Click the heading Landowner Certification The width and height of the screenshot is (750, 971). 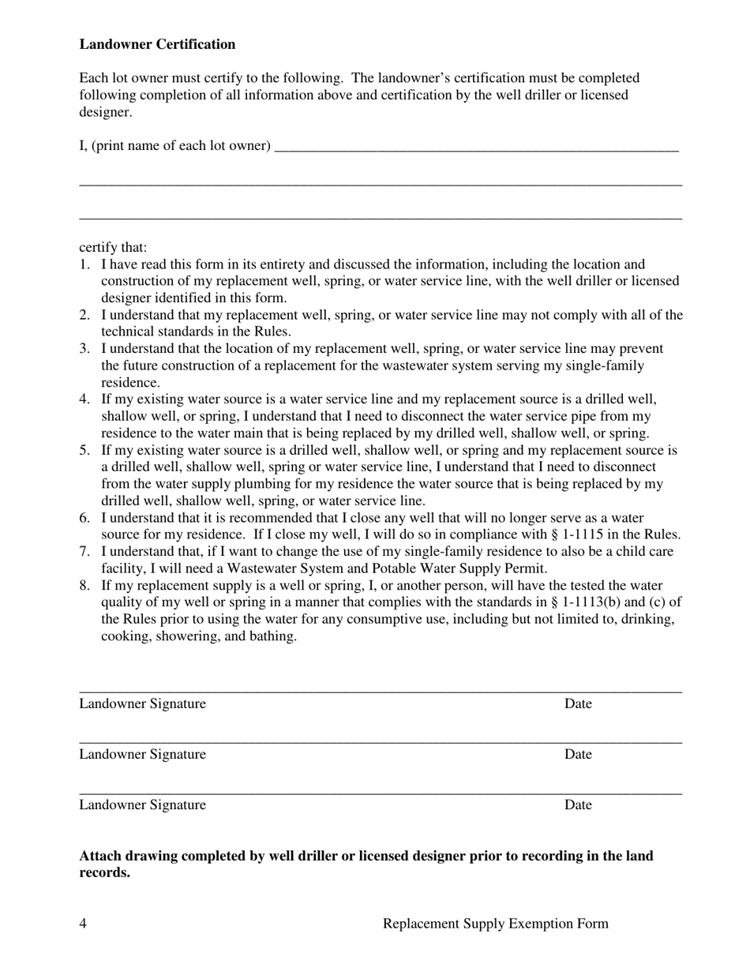[157, 44]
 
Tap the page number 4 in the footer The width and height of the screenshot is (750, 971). [83, 924]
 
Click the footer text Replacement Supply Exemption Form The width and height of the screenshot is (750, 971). [495, 924]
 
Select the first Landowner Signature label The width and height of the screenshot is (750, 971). [142, 704]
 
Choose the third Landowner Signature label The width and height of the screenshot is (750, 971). [142, 805]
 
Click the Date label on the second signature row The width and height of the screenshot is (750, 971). [578, 755]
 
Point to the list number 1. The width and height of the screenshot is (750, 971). [84, 264]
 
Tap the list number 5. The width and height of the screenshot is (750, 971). [84, 451]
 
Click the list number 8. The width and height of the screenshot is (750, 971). [84, 586]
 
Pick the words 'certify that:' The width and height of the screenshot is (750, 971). [113, 247]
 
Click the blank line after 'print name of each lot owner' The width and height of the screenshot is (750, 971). [476, 146]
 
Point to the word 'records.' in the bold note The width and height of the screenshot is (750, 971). [104, 873]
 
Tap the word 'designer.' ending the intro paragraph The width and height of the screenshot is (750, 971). [106, 112]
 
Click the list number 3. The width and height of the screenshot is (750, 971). [84, 349]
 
